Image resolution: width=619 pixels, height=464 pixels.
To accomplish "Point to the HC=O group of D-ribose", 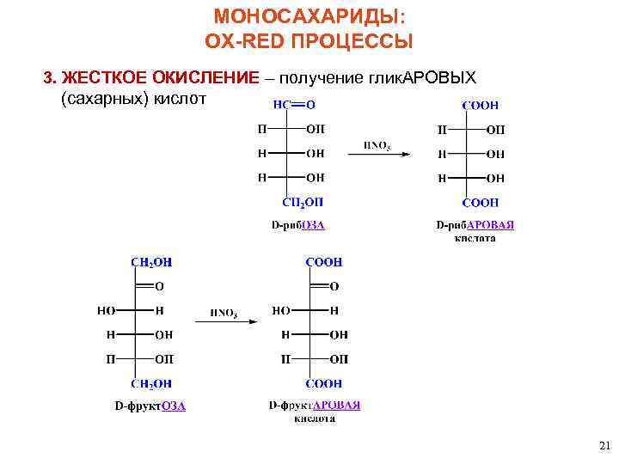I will click(x=294, y=105).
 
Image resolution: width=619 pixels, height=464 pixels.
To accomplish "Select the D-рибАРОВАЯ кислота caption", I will click(x=475, y=231).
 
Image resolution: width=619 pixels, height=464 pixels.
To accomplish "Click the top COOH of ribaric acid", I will click(x=480, y=105).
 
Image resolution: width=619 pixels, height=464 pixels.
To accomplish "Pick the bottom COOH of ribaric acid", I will click(x=480, y=203).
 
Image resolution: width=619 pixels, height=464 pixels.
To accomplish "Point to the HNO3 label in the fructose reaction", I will click(x=224, y=313).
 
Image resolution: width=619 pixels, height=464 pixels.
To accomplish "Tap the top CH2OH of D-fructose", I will click(x=150, y=262).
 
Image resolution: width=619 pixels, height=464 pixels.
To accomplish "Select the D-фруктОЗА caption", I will click(x=150, y=406).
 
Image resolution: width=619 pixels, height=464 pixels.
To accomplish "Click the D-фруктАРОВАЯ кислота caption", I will click(x=315, y=411).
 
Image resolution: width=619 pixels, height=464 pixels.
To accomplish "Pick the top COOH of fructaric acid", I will click(x=324, y=262).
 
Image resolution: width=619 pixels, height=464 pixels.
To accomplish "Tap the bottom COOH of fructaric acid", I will click(x=324, y=383).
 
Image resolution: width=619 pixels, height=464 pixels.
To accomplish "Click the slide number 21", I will click(x=603, y=445).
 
